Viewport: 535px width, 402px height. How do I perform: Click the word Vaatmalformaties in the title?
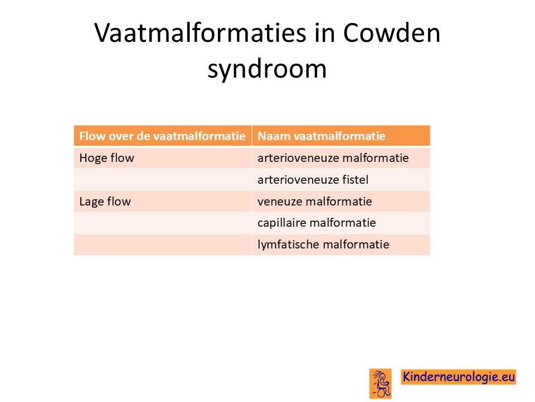pos(200,33)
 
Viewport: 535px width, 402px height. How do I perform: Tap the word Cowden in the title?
pos(391,33)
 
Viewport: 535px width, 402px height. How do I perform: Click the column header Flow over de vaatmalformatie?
pos(162,136)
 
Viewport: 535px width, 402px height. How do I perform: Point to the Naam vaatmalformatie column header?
pos(322,136)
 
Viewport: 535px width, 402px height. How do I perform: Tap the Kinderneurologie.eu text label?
pos(459,376)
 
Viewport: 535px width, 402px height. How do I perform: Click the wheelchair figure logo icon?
pos(381,384)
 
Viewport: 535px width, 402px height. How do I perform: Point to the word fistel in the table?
pos(357,179)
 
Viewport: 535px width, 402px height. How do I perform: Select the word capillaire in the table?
pos(282,223)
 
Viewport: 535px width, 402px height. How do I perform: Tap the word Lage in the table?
pos(89,202)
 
